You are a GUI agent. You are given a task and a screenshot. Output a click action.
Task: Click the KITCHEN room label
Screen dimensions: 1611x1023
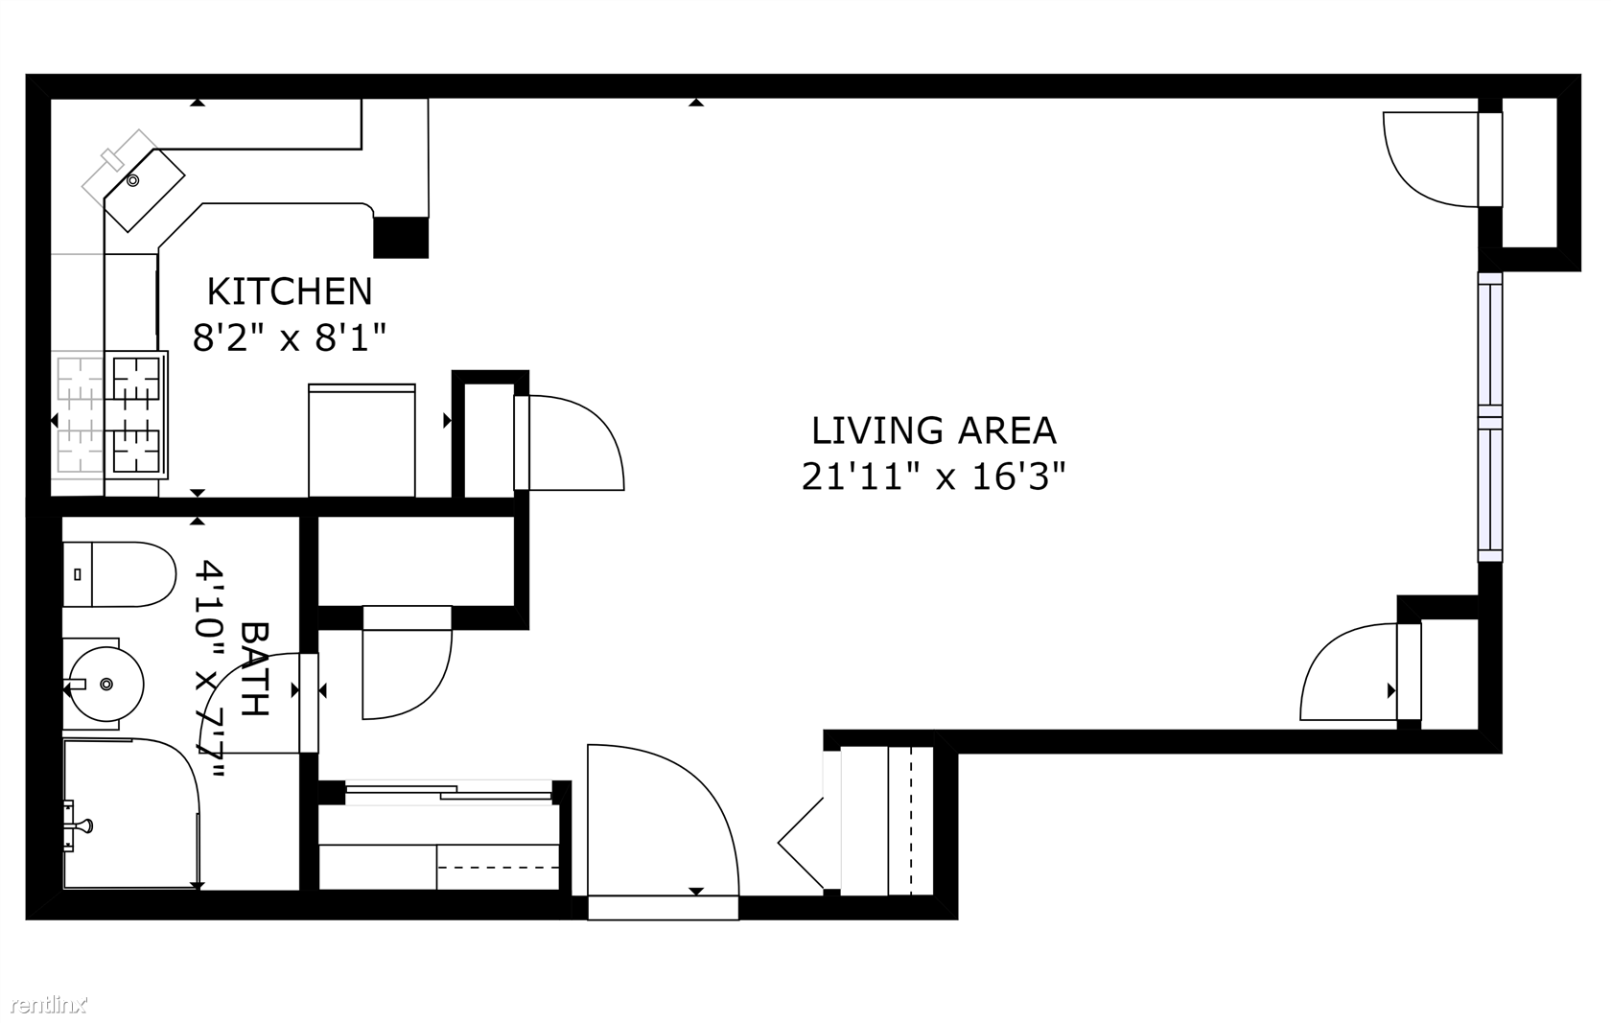290,291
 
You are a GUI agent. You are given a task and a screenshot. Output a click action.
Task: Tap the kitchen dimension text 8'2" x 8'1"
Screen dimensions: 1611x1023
290,337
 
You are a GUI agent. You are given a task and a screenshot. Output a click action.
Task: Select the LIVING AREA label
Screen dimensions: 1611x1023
934,430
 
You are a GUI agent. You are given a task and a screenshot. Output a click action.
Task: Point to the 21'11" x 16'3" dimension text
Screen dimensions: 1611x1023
934,476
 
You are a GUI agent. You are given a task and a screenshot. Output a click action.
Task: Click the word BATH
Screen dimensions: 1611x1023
254,668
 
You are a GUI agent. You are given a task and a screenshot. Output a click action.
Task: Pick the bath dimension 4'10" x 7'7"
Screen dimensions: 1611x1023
210,669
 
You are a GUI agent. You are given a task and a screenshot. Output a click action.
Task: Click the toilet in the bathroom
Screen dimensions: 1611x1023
119,574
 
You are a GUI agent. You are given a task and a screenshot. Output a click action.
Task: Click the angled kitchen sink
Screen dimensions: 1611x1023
144,190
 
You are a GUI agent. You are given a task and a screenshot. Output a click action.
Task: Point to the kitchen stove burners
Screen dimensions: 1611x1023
136,415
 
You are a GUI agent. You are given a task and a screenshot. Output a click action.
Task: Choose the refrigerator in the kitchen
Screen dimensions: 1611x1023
362,440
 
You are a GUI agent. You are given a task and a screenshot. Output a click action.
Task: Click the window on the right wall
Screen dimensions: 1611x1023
1490,417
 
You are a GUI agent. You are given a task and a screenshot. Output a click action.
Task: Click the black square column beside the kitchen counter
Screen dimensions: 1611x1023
401,237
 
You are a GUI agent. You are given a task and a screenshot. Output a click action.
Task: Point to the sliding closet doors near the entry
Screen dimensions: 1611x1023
449,791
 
